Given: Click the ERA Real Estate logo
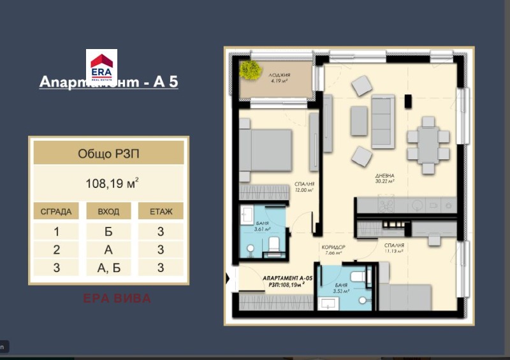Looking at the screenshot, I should coord(101,66).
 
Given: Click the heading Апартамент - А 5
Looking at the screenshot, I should coord(108,82).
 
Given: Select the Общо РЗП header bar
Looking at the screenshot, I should coord(108,153).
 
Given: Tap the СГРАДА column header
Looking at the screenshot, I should coord(56,212).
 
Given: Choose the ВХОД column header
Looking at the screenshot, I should coord(108,212).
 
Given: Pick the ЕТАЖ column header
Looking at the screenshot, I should coord(161,212).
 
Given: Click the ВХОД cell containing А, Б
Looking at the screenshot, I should coord(108,268).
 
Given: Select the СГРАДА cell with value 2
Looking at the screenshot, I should coord(56,250).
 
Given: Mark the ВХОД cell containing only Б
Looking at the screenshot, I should coord(108,231).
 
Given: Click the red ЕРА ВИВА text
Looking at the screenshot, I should coord(117,298).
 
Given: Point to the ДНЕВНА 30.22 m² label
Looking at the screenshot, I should coord(384,178).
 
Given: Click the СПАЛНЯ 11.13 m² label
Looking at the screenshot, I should coord(395,248).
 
